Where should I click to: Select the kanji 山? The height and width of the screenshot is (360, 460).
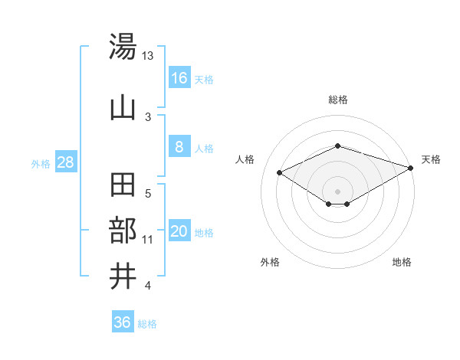coord(123,107)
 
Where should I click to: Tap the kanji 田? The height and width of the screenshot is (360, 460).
coord(123,186)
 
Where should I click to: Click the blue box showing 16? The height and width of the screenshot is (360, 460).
coord(179,78)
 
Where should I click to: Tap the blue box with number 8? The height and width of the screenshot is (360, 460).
coord(179,147)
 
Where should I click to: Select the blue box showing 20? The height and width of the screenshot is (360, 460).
coord(179,231)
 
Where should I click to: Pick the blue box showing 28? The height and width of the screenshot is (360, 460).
coord(66,162)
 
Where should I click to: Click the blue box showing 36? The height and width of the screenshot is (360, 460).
coord(123,322)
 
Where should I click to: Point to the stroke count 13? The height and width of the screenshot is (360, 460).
coord(148,56)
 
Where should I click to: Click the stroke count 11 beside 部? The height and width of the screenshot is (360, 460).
coord(148,240)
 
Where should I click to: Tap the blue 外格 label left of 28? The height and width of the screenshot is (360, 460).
coord(41,163)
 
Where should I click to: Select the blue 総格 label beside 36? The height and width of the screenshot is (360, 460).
coord(147,324)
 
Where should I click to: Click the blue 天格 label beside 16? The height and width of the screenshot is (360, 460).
coord(204,79)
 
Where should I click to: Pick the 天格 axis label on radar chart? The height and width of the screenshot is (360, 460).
coord(432,159)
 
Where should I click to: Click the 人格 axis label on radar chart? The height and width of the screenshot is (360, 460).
coord(245,159)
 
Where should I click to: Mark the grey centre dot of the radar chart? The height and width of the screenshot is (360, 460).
coord(337,190)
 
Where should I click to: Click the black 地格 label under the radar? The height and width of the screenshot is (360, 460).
coord(402,262)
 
